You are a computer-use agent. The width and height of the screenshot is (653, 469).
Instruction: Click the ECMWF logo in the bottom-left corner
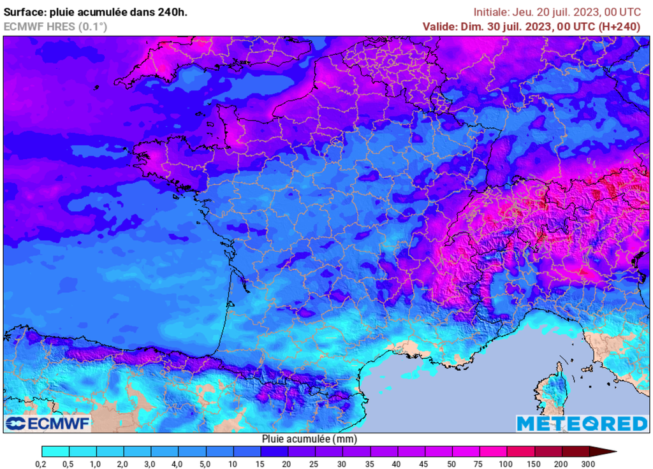point(48,424)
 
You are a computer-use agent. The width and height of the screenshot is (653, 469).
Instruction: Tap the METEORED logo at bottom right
point(582,424)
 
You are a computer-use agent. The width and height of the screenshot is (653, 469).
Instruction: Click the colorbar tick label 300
point(589,463)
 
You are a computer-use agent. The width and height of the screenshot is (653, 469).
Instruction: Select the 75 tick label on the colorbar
point(479,463)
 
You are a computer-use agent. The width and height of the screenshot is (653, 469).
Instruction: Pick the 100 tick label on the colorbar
point(506,463)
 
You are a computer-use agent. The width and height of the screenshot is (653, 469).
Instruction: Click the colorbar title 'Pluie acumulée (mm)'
point(309,439)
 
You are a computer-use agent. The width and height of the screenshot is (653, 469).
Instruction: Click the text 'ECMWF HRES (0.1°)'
point(55,26)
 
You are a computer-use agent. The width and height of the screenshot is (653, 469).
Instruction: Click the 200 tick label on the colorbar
point(561,463)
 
